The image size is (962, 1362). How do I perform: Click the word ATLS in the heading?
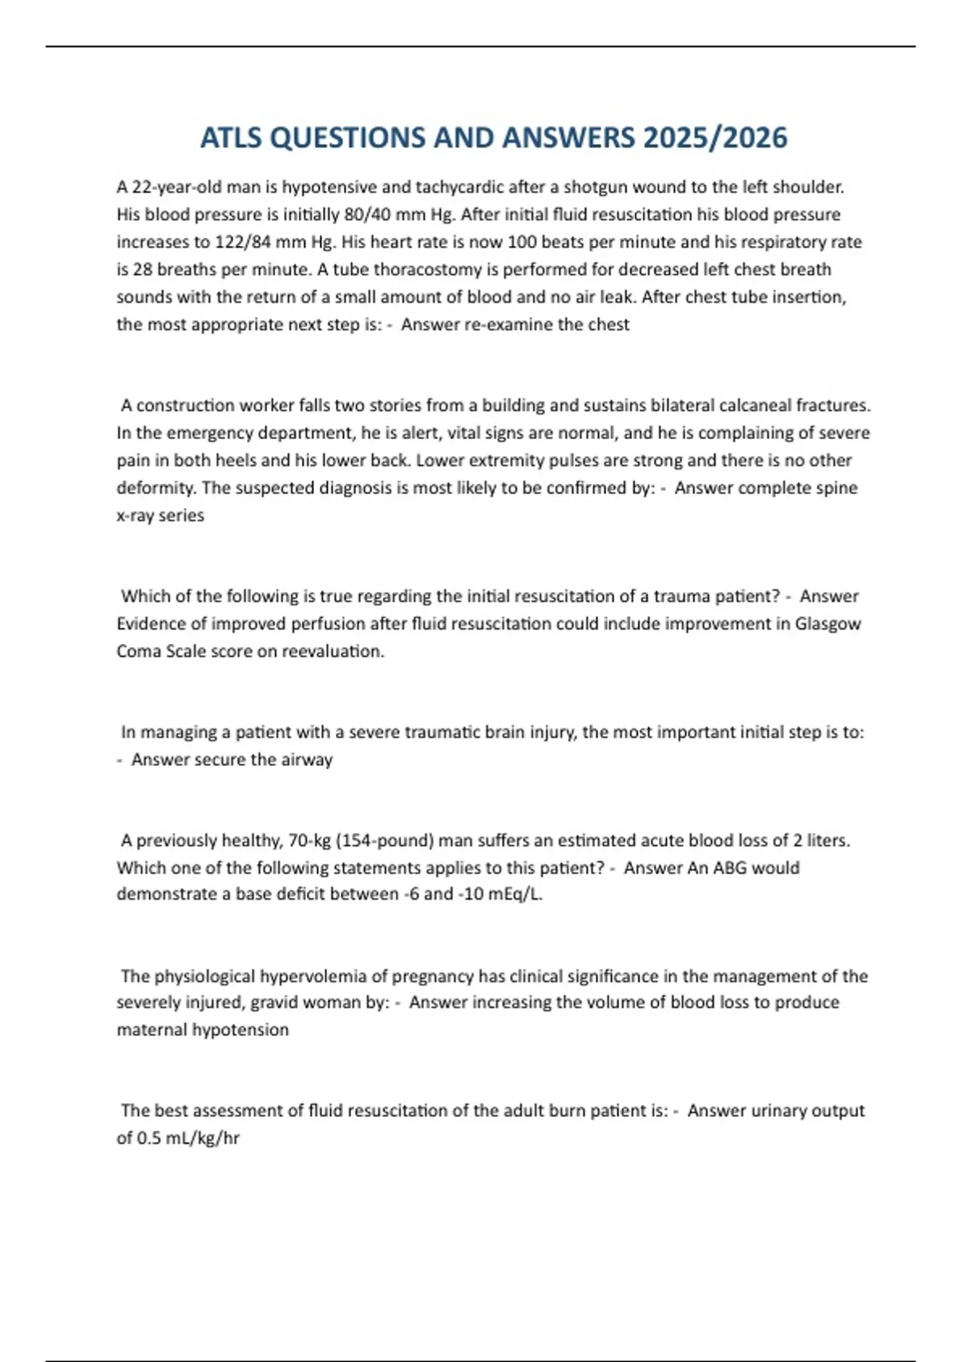click(x=231, y=138)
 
